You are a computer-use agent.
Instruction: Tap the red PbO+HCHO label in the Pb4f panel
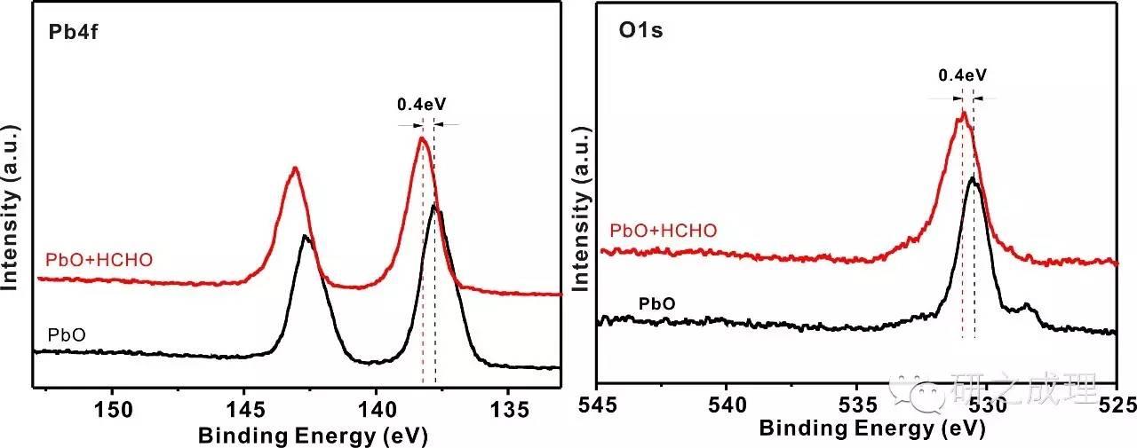[99, 260]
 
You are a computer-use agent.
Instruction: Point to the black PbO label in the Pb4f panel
[67, 334]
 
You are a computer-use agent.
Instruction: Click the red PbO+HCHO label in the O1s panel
[664, 232]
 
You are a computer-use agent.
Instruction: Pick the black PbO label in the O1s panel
[657, 303]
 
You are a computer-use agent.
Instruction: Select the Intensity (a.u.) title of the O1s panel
[582, 204]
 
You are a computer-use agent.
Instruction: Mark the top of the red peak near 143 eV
[294, 169]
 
